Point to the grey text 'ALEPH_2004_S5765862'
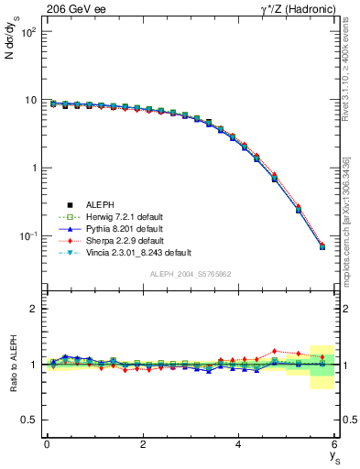[x=190, y=274]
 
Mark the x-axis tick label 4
[x=238, y=444]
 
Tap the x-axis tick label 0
[x=47, y=444]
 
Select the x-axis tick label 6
[x=334, y=444]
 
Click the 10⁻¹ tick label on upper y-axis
[x=29, y=236]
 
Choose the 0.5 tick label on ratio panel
[x=28, y=420]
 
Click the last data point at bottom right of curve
[x=322, y=246]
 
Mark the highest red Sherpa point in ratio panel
[x=274, y=351]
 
